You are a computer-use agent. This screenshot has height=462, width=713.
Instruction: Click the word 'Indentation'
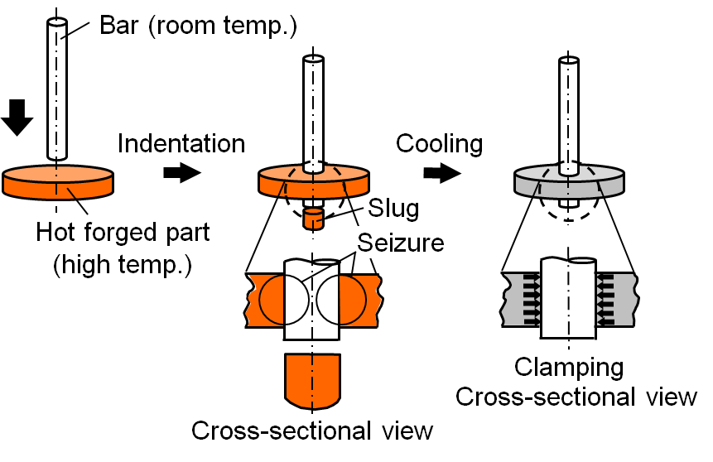point(181,143)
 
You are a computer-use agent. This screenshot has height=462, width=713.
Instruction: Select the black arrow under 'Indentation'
point(181,173)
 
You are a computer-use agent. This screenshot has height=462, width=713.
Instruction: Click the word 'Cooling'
point(439,143)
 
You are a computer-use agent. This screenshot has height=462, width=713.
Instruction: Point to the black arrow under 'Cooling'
point(440,173)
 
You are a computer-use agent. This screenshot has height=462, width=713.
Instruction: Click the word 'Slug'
point(393,207)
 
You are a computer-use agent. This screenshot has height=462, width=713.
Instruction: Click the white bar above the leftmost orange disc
point(56,91)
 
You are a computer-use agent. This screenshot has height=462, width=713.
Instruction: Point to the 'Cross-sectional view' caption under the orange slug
point(312,431)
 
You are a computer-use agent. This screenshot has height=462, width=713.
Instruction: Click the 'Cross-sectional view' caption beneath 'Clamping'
point(576,397)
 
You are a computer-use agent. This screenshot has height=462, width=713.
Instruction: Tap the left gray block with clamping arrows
point(521,296)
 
